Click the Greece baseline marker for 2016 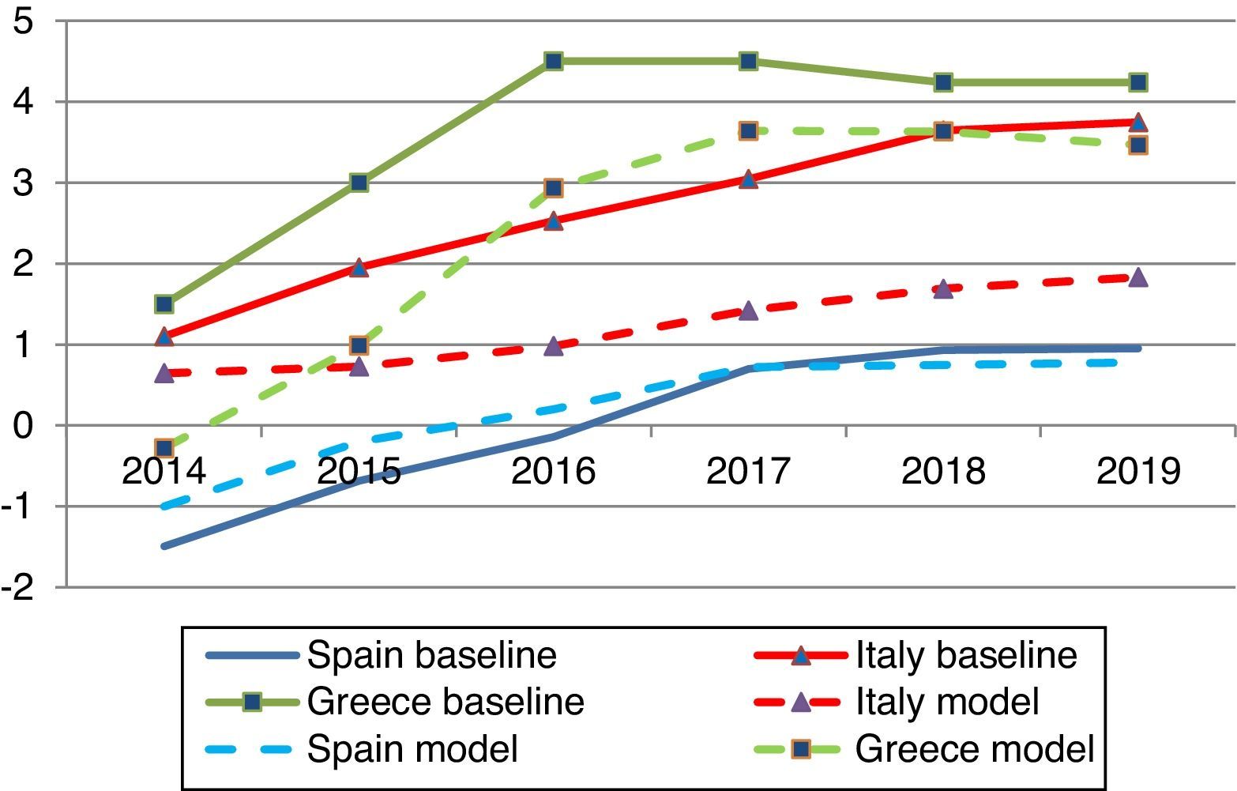click(554, 61)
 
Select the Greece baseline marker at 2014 click(164, 304)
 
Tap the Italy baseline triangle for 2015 click(359, 268)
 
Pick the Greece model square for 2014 click(164, 448)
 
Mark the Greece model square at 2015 click(359, 345)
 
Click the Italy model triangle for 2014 click(164, 373)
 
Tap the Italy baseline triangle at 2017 click(749, 179)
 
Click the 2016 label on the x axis click(553, 472)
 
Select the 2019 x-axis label click(1138, 472)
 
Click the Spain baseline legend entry click(431, 655)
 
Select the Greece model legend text click(975, 748)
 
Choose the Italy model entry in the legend click(946, 702)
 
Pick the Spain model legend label click(412, 748)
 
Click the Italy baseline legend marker click(801, 655)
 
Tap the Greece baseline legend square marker click(253, 702)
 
